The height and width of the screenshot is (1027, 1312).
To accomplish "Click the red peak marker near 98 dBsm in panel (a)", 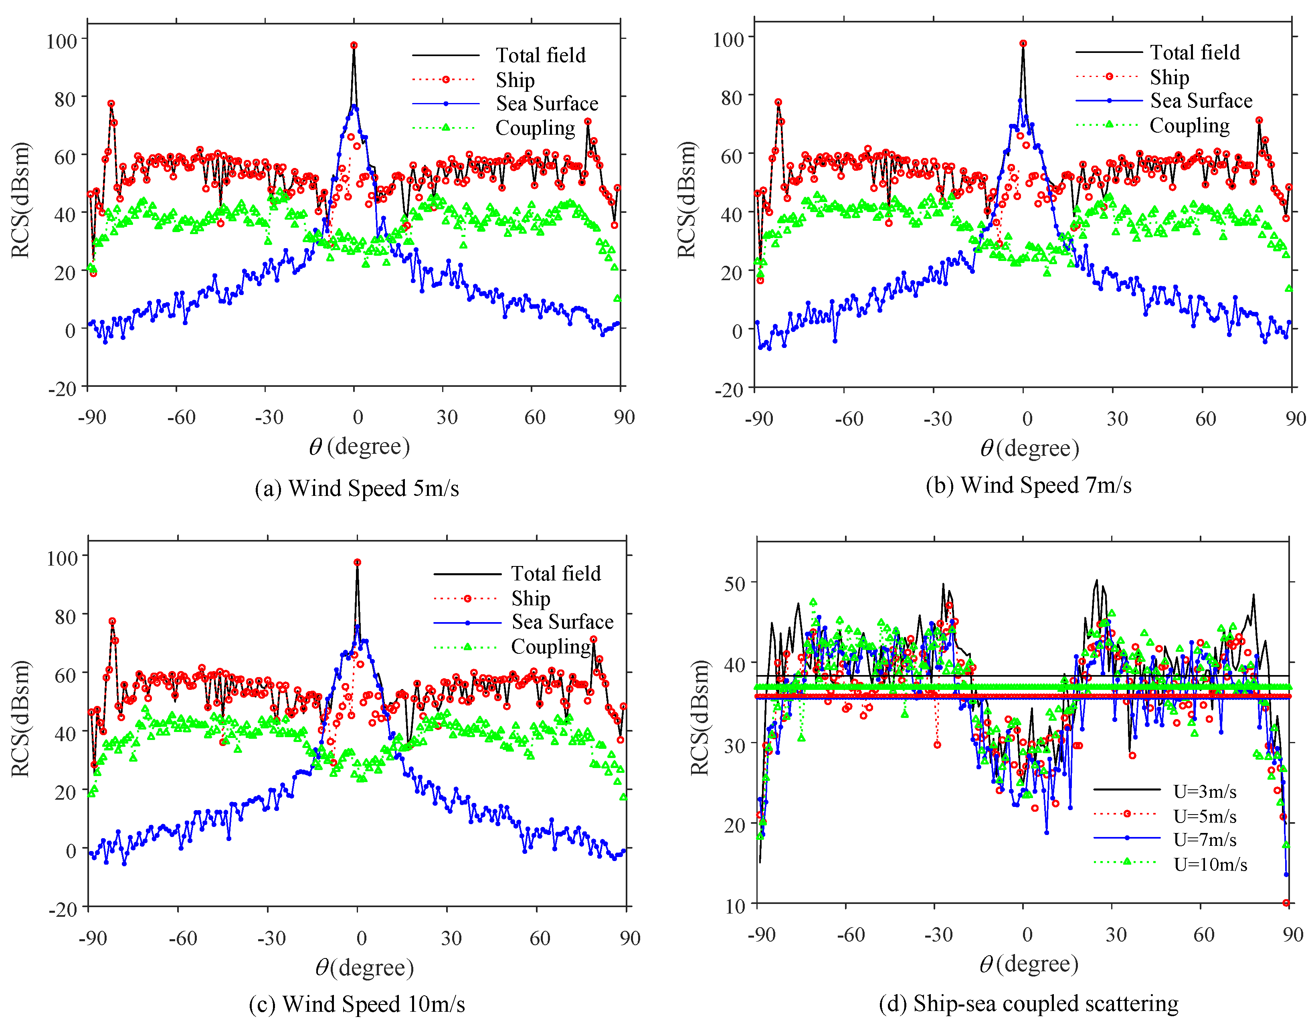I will (x=354, y=45).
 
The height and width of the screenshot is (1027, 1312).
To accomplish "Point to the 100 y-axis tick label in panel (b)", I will (x=728, y=40).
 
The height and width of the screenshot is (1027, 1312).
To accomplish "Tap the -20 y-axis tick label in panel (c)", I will (x=63, y=908).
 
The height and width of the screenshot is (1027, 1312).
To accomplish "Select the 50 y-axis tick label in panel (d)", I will (x=735, y=584).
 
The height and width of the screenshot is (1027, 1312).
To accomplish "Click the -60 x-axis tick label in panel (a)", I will (x=181, y=417).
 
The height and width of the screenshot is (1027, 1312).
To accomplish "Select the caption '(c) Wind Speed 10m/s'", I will (x=357, y=1004).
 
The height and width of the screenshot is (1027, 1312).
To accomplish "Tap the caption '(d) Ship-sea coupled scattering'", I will (x=1028, y=1003).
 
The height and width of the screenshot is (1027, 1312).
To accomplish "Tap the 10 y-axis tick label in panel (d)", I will (x=735, y=906).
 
